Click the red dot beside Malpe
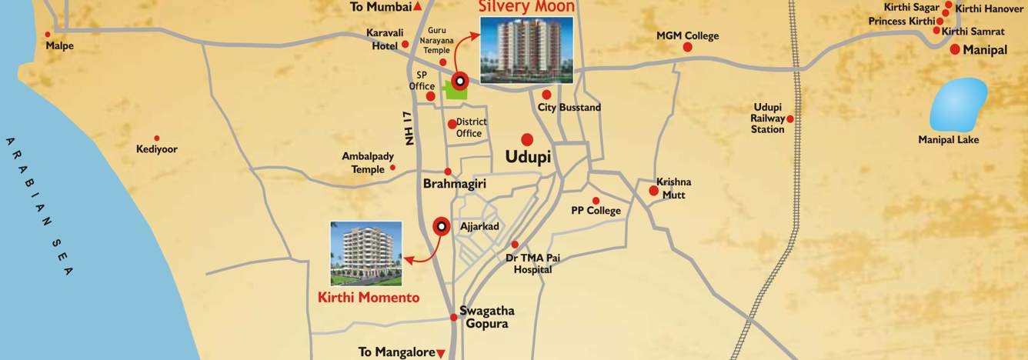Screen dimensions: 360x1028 pos(48,35)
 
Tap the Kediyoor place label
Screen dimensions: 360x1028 pos(157,149)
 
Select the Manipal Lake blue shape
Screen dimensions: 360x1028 pos(958,105)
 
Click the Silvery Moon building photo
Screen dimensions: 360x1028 pos(526,49)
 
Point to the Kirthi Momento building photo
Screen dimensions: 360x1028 pos(365,253)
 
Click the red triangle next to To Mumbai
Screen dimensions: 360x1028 pos(417,7)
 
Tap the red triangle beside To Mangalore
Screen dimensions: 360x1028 pos(441,353)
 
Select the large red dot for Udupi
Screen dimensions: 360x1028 pos(527,139)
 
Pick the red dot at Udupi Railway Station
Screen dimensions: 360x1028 pos(789,118)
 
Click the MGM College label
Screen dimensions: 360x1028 pos(687,35)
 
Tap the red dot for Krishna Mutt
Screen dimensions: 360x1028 pos(653,190)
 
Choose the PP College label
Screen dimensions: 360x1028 pos(596,211)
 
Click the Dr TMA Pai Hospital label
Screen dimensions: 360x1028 pos(532,264)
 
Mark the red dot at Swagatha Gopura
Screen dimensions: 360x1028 pos(453,317)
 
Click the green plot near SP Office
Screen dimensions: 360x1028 pos(456,91)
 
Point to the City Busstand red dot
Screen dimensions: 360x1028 pos(546,95)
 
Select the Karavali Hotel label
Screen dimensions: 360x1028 pos(379,39)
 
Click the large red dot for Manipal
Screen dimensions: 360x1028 pos(954,49)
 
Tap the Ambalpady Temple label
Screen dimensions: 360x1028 pos(368,162)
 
